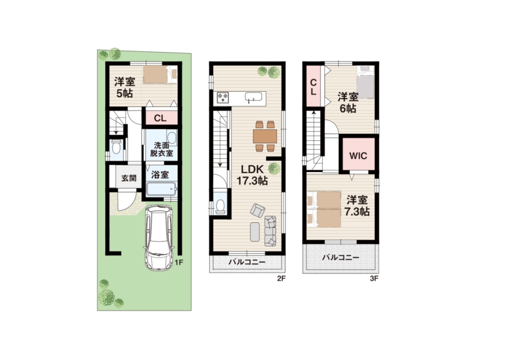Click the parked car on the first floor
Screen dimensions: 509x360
[159, 237]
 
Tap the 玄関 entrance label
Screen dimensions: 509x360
[129, 178]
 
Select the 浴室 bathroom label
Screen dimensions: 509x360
[160, 175]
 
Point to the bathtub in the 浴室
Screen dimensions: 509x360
[161, 188]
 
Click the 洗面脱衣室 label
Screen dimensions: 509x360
[161, 150]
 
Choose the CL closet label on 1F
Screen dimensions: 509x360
[160, 118]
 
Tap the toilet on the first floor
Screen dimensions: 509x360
[116, 148]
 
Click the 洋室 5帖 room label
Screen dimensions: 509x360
[125, 87]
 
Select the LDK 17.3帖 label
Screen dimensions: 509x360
[252, 175]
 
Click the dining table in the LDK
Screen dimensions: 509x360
[265, 136]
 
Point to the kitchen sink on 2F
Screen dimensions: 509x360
[253, 97]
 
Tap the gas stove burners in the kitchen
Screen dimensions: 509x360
[223, 98]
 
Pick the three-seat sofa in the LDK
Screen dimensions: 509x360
[270, 231]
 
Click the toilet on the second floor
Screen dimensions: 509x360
[221, 206]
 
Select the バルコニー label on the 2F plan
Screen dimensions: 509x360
[247, 262]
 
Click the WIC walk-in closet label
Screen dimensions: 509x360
[358, 156]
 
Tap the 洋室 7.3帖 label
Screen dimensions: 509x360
[357, 205]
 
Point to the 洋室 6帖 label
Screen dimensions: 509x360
[348, 103]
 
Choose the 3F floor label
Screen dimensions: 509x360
[374, 278]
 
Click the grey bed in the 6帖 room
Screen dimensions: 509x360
[366, 82]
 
